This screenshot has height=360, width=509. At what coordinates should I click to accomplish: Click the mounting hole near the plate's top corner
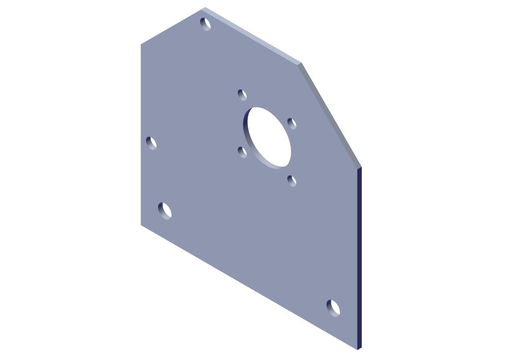point(206,24)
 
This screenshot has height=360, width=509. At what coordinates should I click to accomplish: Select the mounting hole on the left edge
point(151,143)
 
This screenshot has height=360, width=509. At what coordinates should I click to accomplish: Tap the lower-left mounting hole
point(164,210)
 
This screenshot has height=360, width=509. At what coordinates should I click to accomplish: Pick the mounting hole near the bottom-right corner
point(333,308)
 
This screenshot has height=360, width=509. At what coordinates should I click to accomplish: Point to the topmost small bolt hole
point(242,95)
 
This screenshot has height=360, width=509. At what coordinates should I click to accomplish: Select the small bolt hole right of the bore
point(292,124)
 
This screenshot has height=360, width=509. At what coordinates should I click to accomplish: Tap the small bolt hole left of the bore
point(242,152)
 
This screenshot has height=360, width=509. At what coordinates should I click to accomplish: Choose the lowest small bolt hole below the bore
point(292,180)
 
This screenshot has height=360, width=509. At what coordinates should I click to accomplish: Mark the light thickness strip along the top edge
point(254,36)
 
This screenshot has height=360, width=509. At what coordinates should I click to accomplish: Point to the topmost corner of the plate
point(205,8)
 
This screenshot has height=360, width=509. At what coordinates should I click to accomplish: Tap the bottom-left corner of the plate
point(141,225)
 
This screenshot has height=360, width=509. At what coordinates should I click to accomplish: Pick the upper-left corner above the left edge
point(141,45)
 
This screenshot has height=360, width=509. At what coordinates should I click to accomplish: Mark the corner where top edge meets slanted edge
point(300,64)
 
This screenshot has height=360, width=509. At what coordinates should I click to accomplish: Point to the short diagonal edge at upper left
point(172,26)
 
